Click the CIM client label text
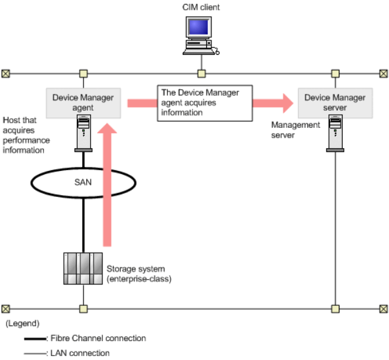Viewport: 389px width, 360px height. click(201, 7)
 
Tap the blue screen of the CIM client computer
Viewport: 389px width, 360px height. click(198, 27)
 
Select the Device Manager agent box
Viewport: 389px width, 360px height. click(84, 103)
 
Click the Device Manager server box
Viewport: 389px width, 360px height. click(335, 103)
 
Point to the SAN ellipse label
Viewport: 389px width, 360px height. click(83, 182)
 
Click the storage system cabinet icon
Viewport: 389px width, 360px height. click(83, 269)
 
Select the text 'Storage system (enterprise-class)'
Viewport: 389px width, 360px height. click(139, 274)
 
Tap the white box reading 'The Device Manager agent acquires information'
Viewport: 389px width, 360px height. click(205, 103)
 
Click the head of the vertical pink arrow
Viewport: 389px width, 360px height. click(107, 128)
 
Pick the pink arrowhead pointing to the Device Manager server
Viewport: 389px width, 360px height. click(288, 103)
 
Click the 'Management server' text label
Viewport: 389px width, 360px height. click(296, 130)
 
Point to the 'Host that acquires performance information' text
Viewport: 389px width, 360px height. click(26, 135)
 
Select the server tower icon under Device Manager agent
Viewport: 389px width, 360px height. click(84, 133)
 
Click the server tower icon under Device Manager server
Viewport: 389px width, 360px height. click(335, 133)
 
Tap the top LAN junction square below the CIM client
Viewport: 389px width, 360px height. click(202, 74)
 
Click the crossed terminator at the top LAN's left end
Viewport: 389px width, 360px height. click(6, 74)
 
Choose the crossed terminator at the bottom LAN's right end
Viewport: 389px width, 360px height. click(384, 309)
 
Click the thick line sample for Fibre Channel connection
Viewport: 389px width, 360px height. click(35, 338)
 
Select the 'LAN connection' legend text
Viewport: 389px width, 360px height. click(80, 353)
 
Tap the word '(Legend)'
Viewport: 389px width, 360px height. click(23, 323)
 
